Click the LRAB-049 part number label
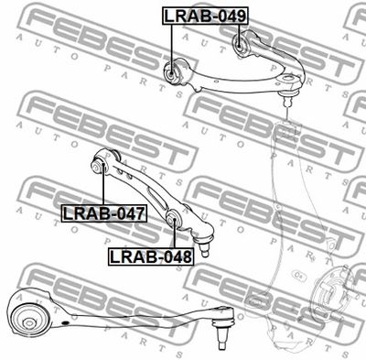(x=205, y=16)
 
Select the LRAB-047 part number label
(x=104, y=213)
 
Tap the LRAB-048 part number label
(x=151, y=256)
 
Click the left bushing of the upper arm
(x=172, y=72)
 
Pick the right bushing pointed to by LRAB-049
(x=240, y=45)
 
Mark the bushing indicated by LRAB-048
(x=174, y=218)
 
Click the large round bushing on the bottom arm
(x=28, y=320)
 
